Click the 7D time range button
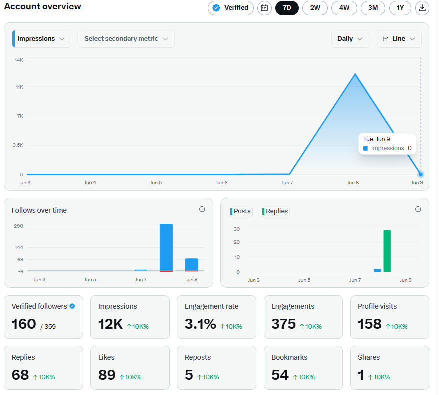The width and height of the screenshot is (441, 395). point(287,8)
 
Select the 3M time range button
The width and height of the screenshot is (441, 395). point(373,8)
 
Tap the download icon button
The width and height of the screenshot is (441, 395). point(422,8)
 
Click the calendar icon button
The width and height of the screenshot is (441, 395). point(264,8)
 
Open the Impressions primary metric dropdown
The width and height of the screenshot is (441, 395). point(42,39)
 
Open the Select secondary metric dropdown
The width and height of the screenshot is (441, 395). point(127,39)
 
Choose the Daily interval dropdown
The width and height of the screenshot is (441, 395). point(350,39)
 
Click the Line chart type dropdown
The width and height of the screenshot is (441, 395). point(399,39)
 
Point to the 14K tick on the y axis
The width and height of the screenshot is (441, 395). point(19,60)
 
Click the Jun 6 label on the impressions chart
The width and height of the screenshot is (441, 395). point(221,183)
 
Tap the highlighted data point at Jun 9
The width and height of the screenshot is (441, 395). point(421,174)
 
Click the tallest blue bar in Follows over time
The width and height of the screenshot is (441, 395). point(166,248)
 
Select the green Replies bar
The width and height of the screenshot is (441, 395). point(387,251)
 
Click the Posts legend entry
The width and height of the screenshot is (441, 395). point(241,211)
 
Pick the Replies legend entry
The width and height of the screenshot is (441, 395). point(275,211)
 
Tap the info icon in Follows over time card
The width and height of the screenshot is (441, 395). point(202,209)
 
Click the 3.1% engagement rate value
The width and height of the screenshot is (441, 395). point(200,324)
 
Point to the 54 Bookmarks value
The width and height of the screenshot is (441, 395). point(280,375)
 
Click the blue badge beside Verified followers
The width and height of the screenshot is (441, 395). point(72,306)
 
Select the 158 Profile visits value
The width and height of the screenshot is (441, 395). point(370,324)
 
